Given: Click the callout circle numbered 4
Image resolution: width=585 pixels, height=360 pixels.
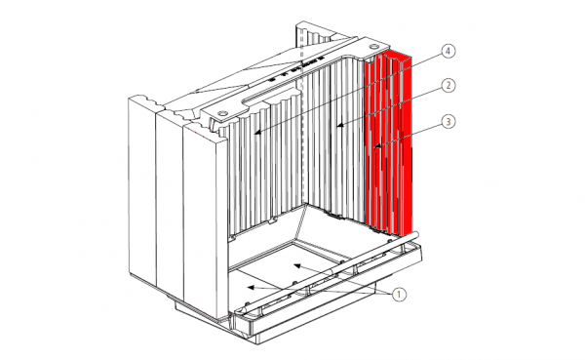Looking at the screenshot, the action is (448, 51).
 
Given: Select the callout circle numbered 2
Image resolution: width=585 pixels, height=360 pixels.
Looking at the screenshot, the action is (448, 86).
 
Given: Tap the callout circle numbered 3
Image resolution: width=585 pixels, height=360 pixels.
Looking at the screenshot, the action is (448, 122).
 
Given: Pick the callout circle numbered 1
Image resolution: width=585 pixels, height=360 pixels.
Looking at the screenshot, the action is (399, 295).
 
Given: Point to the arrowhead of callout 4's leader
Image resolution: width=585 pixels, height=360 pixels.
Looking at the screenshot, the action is (256, 132).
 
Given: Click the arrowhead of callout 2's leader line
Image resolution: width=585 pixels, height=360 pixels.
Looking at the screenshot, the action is (339, 125).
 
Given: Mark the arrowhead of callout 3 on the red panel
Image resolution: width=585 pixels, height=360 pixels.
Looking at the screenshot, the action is (377, 146).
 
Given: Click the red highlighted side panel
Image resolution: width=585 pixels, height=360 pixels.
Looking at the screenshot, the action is (389, 143).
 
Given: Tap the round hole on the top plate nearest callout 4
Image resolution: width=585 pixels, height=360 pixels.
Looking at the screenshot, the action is (373, 46).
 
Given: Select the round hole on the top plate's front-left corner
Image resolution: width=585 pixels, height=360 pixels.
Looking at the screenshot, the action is (222, 112).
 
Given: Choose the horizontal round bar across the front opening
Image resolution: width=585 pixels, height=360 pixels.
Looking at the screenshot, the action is (331, 271).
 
